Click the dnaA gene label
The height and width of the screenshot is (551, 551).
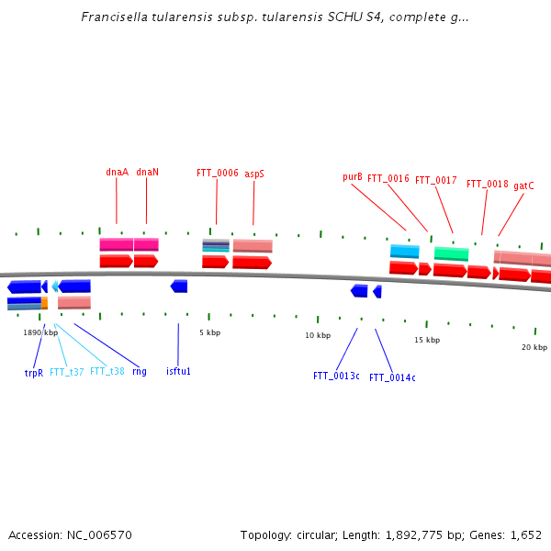click(x=117, y=172)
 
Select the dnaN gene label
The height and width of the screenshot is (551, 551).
click(x=147, y=172)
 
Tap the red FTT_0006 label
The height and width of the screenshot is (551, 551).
click(x=217, y=173)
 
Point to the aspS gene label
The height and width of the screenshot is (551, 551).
click(x=254, y=173)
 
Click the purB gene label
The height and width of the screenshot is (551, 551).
click(x=353, y=176)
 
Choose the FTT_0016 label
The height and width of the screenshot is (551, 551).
click(x=388, y=178)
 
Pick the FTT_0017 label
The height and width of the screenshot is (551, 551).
click(x=435, y=180)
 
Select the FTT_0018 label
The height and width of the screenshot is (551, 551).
click(x=487, y=184)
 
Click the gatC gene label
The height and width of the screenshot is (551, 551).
click(x=523, y=186)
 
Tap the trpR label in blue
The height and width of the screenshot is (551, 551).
click(x=34, y=373)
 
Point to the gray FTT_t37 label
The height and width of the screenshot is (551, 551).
click(x=66, y=372)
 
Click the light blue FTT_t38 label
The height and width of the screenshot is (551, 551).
click(x=107, y=371)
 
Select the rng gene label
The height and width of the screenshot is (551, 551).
click(x=139, y=371)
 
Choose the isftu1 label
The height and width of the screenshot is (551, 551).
click(x=178, y=371)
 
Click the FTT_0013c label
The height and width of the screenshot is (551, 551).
click(x=336, y=376)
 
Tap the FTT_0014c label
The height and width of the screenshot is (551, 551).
click(x=392, y=377)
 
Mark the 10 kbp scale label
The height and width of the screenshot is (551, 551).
click(x=318, y=335)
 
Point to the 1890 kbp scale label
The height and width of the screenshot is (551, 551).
click(x=40, y=332)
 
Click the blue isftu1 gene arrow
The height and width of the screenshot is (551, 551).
click(x=179, y=287)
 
